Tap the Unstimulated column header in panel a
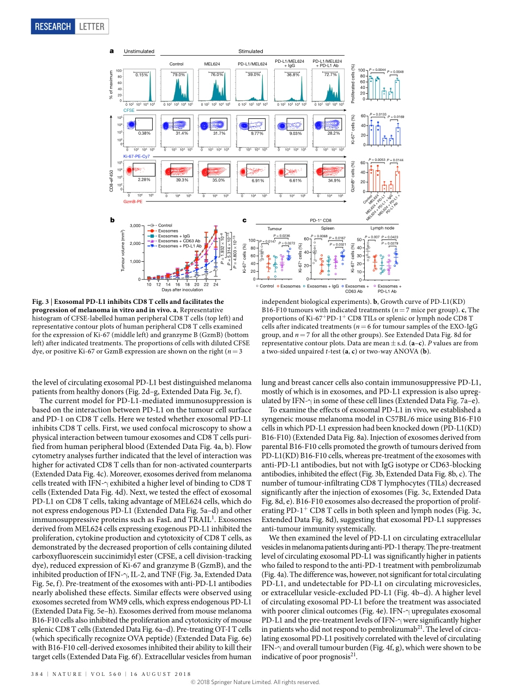point(139,52)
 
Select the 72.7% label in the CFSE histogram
point(330,75)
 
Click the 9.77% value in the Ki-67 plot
point(256,133)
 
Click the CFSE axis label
point(129,110)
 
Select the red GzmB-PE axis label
point(133,202)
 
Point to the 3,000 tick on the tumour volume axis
point(134,225)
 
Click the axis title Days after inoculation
point(182,290)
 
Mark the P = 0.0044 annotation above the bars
point(377,70)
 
